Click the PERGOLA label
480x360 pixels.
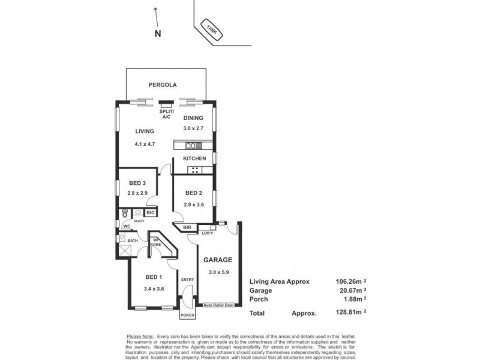tap(163, 85)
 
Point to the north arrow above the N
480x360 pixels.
tap(156, 15)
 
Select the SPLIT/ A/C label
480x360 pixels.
tap(166, 114)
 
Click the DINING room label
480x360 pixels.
tap(193, 118)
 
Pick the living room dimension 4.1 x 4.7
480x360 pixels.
tap(145, 144)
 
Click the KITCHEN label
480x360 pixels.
tap(195, 158)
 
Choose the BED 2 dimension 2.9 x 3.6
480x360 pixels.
tap(193, 205)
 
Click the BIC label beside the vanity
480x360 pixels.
tap(150, 212)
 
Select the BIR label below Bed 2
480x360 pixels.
tap(187, 227)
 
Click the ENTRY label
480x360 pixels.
tap(187, 279)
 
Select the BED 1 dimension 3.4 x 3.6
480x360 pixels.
tap(154, 289)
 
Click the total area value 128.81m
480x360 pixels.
tap(349, 313)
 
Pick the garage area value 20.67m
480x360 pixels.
tap(349, 290)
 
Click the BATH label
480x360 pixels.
tap(132, 240)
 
